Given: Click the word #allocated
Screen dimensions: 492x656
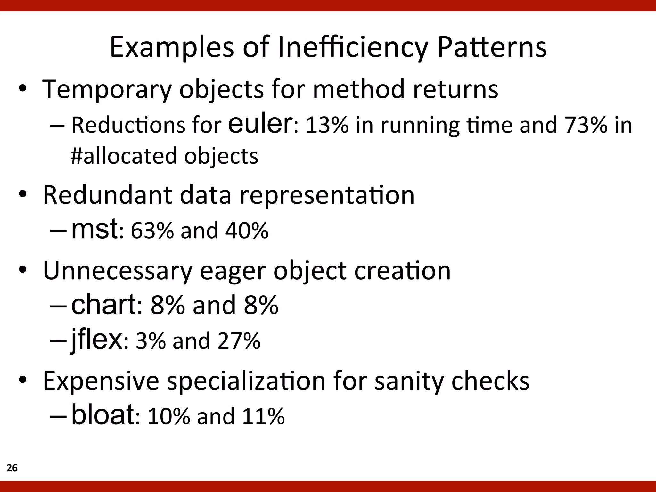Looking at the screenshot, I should click(124, 156).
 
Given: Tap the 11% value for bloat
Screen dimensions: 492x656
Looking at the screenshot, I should click(263, 416).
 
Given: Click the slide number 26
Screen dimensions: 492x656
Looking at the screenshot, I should click(12, 468).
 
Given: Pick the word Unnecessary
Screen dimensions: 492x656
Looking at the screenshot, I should click(118, 271).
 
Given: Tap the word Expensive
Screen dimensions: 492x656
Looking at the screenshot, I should click(101, 381).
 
